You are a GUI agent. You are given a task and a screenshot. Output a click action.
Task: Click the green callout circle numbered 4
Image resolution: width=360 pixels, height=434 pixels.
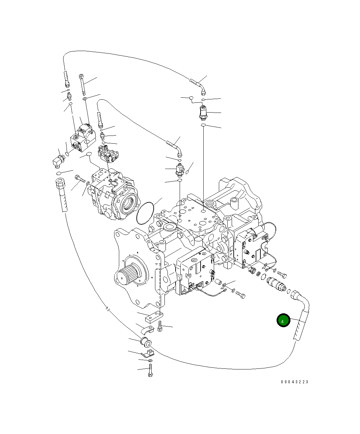[283, 321]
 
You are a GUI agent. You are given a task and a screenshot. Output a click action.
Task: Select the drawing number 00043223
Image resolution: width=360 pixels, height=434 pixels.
[294, 382]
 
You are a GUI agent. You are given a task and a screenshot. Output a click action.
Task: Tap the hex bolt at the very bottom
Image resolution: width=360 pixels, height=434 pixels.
[150, 371]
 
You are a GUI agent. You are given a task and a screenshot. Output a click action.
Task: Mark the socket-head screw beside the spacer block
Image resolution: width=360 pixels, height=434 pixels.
[160, 326]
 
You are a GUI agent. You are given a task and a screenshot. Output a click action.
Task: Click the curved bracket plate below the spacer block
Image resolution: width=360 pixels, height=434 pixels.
[148, 329]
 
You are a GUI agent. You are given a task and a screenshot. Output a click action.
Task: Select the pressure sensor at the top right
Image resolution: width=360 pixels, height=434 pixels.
[203, 112]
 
